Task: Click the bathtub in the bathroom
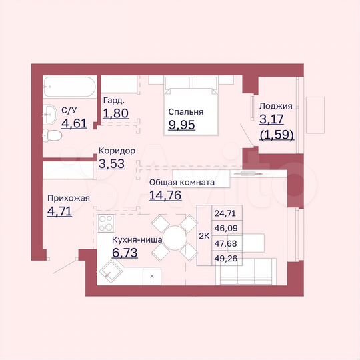[70, 87]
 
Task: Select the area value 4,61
[74, 123]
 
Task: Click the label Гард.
[112, 101]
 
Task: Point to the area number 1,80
[115, 113]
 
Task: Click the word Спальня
[186, 112]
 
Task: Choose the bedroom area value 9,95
[182, 125]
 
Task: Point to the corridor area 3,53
[111, 163]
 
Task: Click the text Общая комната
[181, 182]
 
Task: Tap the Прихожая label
[68, 198]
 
